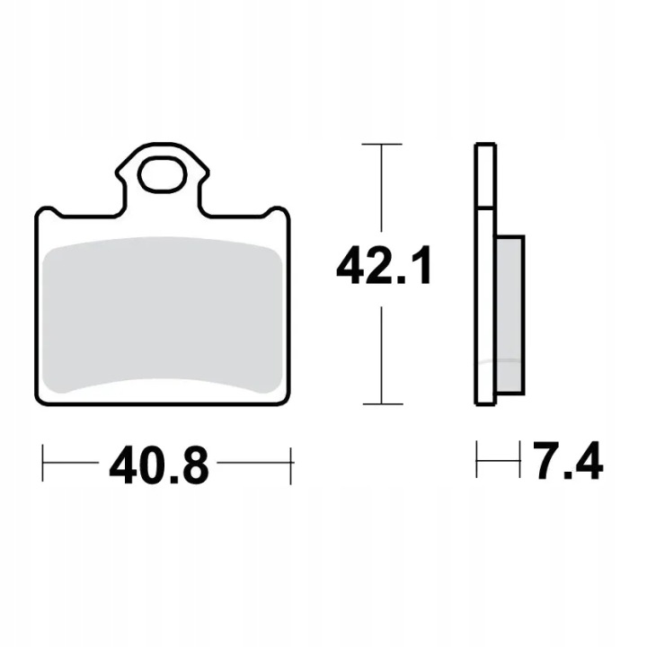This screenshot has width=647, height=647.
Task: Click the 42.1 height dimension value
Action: pos(384,265)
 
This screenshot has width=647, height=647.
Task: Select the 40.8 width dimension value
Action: pos(159,465)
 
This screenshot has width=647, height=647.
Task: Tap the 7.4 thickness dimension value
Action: pos(568,460)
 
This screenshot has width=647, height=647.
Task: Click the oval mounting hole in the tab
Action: pos(164,174)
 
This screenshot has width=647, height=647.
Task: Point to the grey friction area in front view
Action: pos(163,315)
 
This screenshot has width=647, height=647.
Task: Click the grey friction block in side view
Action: pos(510,315)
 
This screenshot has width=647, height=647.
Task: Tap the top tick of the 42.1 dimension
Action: pos(382,144)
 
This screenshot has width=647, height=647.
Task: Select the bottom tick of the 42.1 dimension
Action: pos(383,404)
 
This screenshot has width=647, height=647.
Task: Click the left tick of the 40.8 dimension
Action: pos(42,463)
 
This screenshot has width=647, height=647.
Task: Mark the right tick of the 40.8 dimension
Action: pos(291,465)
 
